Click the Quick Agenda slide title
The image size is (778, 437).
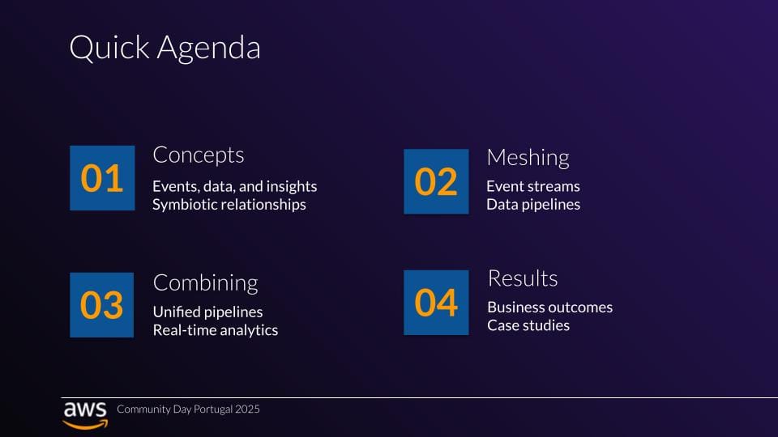(x=165, y=48)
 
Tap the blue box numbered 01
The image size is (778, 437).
(x=102, y=178)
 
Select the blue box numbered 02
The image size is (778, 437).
(x=436, y=181)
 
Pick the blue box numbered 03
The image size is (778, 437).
(x=102, y=305)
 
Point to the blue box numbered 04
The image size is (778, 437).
(x=436, y=302)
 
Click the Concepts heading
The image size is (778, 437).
(x=199, y=155)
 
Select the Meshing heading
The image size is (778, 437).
(x=528, y=158)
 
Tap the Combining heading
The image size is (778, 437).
(x=205, y=283)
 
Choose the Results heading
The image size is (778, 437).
(x=523, y=278)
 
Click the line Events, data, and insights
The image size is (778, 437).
(x=235, y=186)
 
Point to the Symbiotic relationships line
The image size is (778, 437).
(x=229, y=205)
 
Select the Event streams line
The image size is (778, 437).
(x=533, y=186)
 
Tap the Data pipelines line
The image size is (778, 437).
(x=533, y=205)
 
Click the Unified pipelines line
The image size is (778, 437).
(x=208, y=312)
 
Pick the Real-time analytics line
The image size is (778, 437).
(x=216, y=330)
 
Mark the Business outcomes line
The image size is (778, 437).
(x=549, y=308)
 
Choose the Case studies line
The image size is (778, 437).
(x=528, y=325)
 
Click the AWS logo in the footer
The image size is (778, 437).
(x=85, y=414)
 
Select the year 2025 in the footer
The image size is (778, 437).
(x=248, y=409)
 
